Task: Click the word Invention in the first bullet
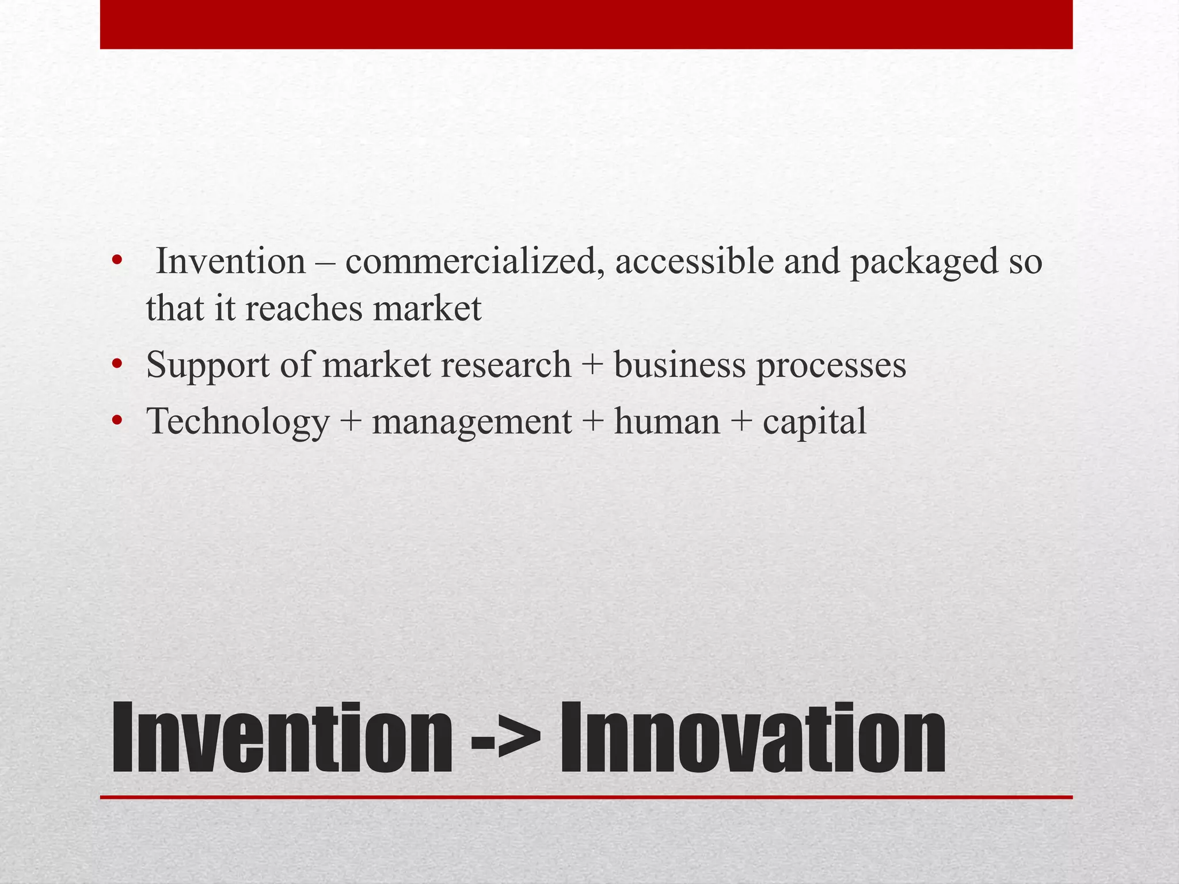pyautogui.click(x=231, y=262)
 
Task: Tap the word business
pyautogui.click(x=679, y=365)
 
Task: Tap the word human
pyautogui.click(x=667, y=421)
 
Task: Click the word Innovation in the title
pyautogui.click(x=753, y=738)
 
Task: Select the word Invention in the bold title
pyautogui.click(x=282, y=738)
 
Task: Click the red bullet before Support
pyautogui.click(x=117, y=365)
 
